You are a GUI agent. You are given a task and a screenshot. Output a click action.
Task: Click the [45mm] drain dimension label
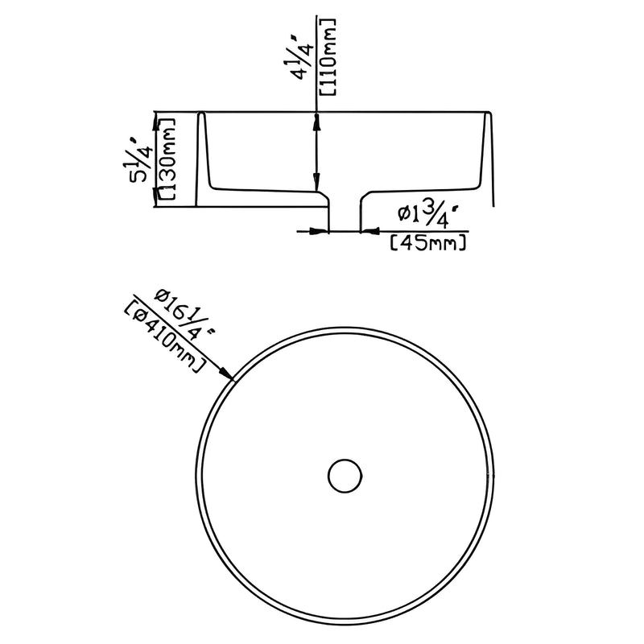tap(427, 241)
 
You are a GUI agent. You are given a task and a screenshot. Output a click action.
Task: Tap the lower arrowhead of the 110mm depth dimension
tap(320, 184)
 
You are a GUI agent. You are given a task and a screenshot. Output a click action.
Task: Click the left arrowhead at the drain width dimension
tap(322, 231)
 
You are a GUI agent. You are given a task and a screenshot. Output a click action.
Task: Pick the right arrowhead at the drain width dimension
tap(368, 231)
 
